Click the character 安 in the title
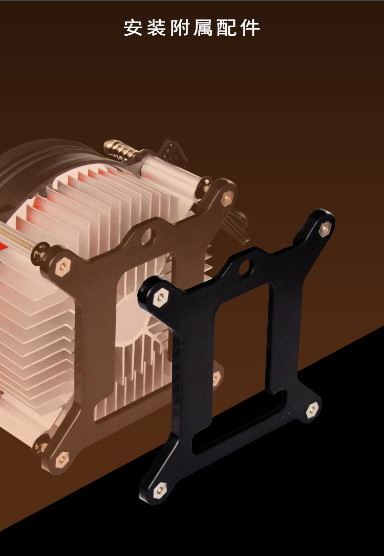(133, 28)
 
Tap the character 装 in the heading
(156, 28)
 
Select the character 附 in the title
(180, 28)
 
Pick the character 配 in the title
(226, 28)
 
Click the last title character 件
(250, 28)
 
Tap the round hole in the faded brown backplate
(148, 237)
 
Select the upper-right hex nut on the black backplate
(325, 229)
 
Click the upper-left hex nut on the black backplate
(161, 296)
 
